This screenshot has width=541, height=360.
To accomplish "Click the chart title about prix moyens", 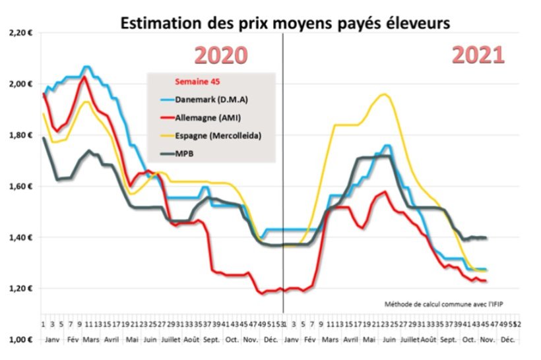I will click(284, 24).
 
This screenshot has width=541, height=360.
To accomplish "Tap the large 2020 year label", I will click(220, 55).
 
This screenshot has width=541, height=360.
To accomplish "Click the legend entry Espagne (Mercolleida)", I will click(217, 136).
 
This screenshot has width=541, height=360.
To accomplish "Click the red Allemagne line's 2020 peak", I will click(84, 77).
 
